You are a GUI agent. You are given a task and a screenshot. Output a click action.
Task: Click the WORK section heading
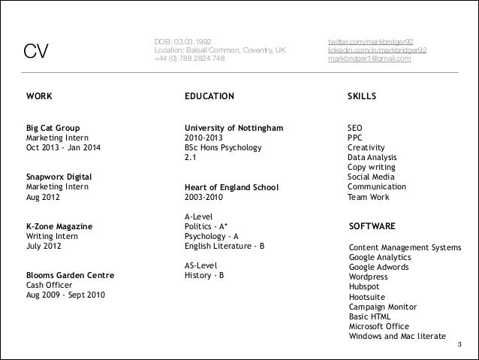click(39, 97)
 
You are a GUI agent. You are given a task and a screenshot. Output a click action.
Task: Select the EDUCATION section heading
click(209, 97)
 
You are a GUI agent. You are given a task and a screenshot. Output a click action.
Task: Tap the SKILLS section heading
click(362, 97)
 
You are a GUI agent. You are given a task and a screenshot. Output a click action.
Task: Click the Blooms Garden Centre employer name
click(70, 276)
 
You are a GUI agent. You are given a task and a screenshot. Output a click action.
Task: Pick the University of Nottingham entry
click(233, 129)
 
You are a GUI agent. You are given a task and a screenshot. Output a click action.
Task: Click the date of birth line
click(183, 41)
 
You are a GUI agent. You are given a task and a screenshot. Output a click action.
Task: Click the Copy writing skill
click(372, 168)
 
